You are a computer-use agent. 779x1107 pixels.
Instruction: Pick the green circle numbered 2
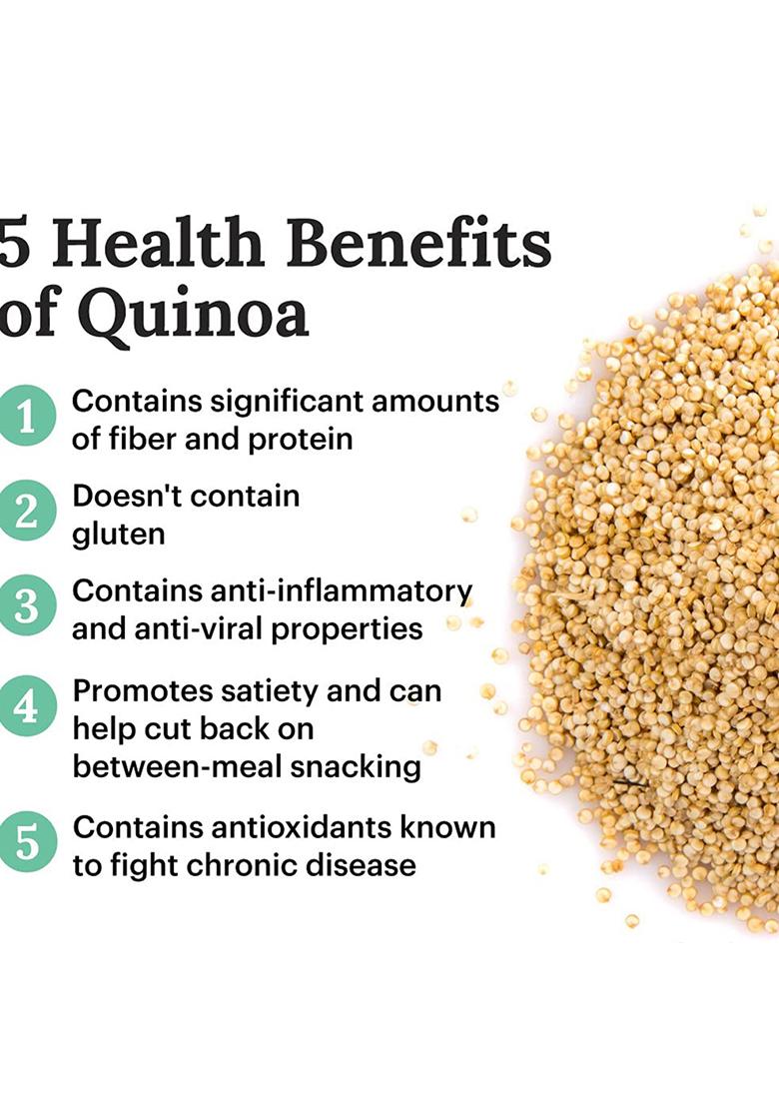click(x=27, y=512)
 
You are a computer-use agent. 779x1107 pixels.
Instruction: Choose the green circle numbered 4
click(x=27, y=707)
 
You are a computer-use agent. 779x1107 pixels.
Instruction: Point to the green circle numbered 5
click(x=27, y=843)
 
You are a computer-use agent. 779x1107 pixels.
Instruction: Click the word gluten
click(x=118, y=535)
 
